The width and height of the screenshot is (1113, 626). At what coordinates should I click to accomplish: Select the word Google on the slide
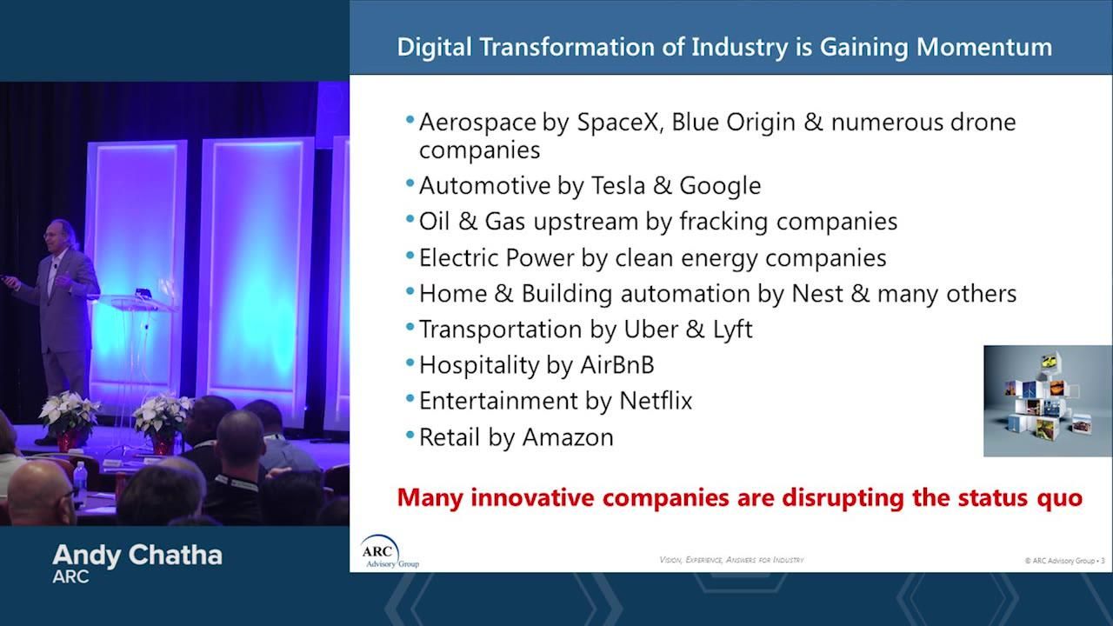pyautogui.click(x=720, y=185)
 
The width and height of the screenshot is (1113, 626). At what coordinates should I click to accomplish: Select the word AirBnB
pyautogui.click(x=616, y=365)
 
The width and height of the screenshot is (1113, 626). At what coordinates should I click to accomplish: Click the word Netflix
pyautogui.click(x=655, y=401)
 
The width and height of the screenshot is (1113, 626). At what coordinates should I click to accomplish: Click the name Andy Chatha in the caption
pyautogui.click(x=137, y=555)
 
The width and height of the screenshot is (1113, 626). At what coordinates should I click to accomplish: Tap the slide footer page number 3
pyautogui.click(x=1103, y=561)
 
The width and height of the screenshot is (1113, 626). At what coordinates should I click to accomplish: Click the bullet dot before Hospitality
pyautogui.click(x=410, y=364)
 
